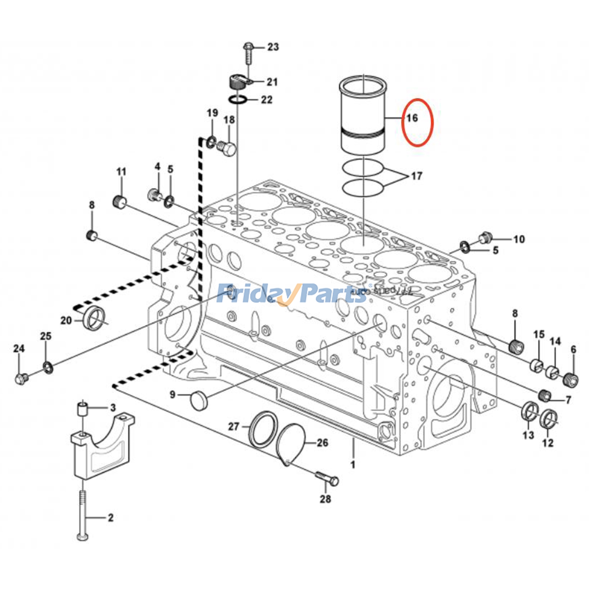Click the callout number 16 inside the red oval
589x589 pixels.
(x=412, y=118)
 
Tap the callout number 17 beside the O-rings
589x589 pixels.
(x=416, y=176)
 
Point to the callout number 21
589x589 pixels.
(x=272, y=82)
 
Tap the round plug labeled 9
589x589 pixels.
(x=199, y=401)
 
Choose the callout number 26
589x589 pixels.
(x=322, y=442)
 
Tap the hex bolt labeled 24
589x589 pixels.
(x=21, y=378)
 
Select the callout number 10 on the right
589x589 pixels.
(x=519, y=240)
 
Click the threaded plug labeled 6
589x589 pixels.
(x=571, y=379)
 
